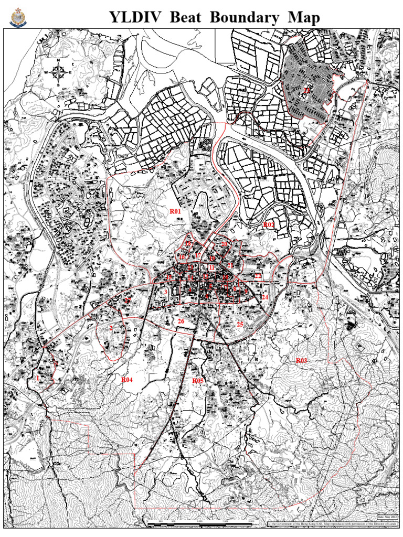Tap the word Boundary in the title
[245, 17]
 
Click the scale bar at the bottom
[205, 524]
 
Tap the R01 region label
[175, 211]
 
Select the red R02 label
[268, 224]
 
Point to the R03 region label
[301, 360]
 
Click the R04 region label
[127, 379]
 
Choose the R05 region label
[197, 380]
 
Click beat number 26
[181, 321]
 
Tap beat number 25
[240, 324]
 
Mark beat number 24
[264, 297]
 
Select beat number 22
[258, 276]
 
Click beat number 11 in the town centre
[211, 267]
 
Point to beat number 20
[224, 244]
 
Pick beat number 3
[165, 292]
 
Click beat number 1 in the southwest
[38, 378]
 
